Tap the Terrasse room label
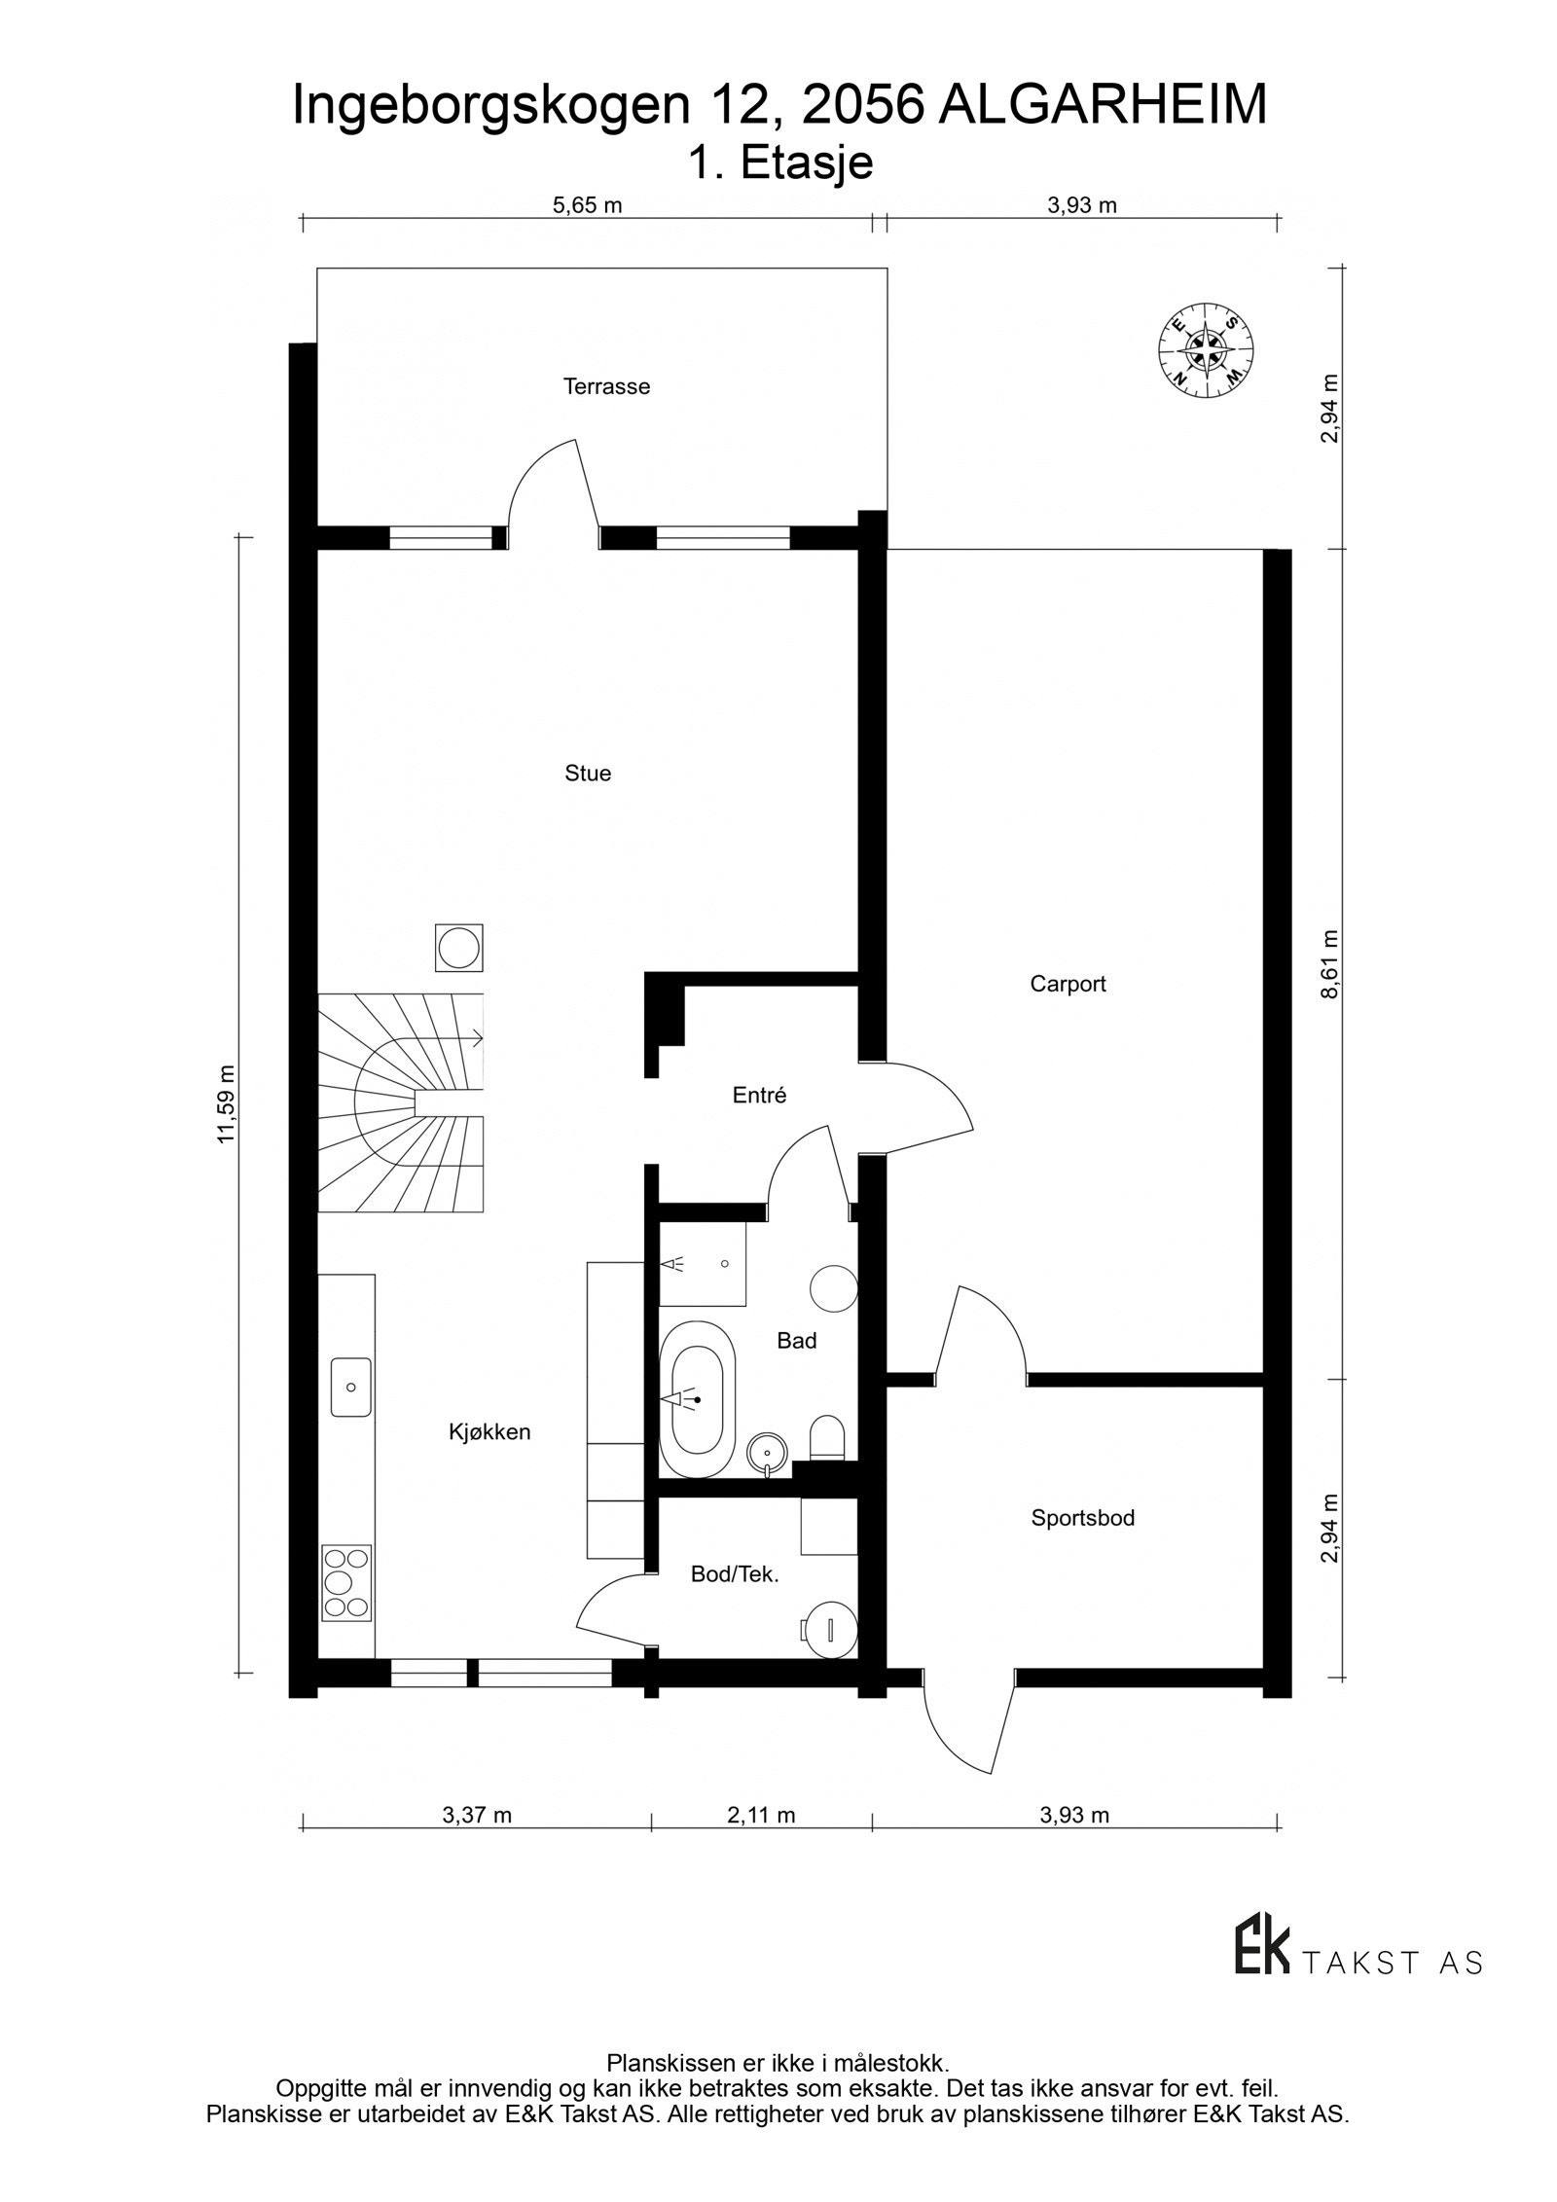point(606,386)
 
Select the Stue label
point(588,774)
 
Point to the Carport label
point(1068,984)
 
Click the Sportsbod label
point(1082,1518)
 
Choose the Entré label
point(759,1096)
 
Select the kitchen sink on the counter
point(351,1387)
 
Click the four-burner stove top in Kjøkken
point(346,1583)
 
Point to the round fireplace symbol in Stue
point(457,947)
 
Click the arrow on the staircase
point(476,1038)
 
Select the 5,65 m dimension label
point(587,205)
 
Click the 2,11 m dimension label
point(761,1815)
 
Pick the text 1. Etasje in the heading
point(779,163)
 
